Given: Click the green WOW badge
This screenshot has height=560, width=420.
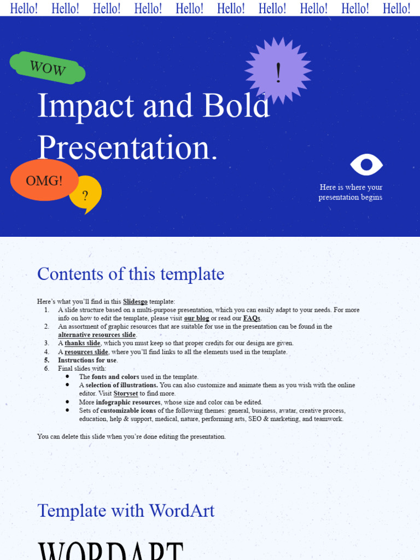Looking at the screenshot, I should [x=48, y=68].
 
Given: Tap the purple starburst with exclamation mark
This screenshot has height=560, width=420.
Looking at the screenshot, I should [x=278, y=71].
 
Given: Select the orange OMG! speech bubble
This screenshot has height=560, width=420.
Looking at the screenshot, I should [x=44, y=180].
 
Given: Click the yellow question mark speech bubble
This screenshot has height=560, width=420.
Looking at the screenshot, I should [x=85, y=195].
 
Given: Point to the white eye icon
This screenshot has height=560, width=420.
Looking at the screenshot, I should [x=366, y=165].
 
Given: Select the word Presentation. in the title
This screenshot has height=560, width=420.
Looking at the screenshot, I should [x=127, y=148].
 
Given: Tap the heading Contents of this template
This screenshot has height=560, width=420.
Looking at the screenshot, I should [x=130, y=274].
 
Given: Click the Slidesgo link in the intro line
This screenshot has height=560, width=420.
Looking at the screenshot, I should [x=135, y=301].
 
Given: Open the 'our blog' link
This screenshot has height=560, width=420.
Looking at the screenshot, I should [x=196, y=318].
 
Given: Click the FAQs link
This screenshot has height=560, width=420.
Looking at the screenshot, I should [x=251, y=318].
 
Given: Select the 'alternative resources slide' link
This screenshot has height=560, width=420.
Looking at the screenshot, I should [x=97, y=335].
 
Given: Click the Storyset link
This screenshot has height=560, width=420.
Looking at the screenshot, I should [x=125, y=394].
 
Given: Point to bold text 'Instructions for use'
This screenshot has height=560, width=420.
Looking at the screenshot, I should [x=87, y=360].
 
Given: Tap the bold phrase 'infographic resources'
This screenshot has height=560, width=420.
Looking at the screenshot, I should [x=128, y=402].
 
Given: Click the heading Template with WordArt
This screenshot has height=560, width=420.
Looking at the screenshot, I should [x=126, y=511].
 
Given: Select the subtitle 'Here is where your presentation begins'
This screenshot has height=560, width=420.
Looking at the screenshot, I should [x=351, y=192].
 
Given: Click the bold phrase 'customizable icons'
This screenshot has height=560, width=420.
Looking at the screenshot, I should [x=128, y=411].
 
